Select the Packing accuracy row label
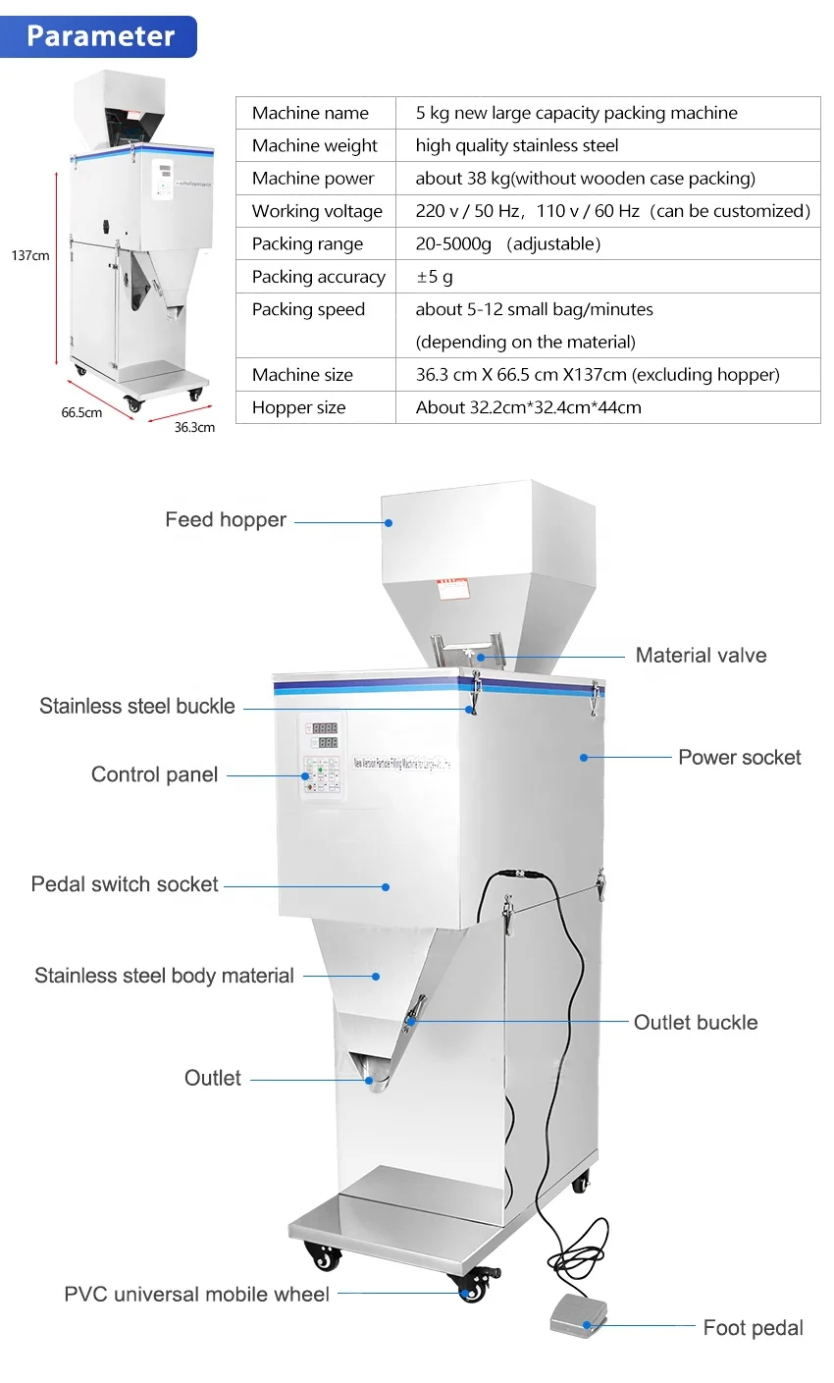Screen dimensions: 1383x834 coord(318,277)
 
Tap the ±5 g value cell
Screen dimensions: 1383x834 coord(434,277)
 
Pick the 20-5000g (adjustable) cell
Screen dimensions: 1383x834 coord(507,243)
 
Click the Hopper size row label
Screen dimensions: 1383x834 coord(298,407)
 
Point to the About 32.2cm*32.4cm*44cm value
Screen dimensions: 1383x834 coord(528,407)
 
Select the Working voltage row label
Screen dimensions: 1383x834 coord(317,211)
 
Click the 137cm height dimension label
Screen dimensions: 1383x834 coord(29,256)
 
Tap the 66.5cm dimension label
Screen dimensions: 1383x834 coord(81,413)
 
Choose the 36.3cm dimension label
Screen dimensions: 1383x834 coord(194,427)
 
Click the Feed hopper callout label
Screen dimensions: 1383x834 coord(226,520)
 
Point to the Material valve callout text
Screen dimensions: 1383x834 coord(701,656)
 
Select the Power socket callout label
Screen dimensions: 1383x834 coord(739,758)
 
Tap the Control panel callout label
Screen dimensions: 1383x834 coord(154,774)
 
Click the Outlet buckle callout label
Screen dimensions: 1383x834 coord(695,1023)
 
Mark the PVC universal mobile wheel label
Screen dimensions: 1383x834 coord(196,1295)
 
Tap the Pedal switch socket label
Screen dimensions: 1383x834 coord(125,884)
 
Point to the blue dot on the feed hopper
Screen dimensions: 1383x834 coord(389,522)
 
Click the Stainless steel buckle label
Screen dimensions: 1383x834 coord(137,707)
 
